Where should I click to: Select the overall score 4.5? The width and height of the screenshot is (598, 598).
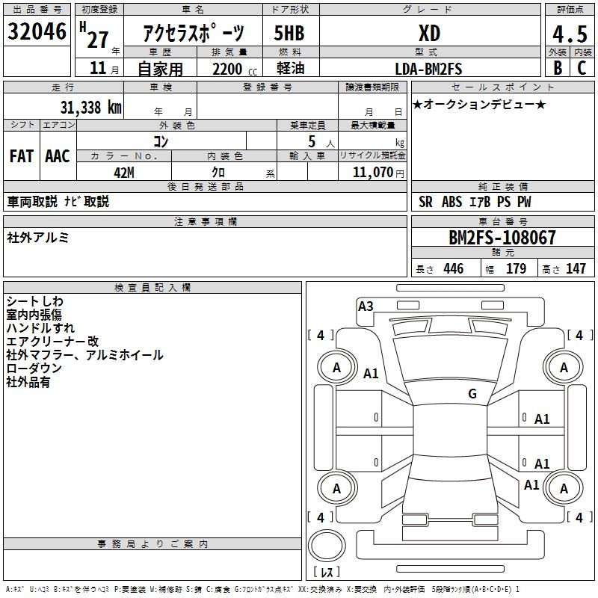tap(569, 34)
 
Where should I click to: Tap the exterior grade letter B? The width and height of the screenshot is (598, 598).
tap(557, 67)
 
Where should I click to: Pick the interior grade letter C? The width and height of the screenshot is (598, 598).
tap(582, 67)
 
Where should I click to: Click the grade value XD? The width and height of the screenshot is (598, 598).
tap(429, 34)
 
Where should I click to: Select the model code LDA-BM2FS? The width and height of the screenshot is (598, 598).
tap(429, 69)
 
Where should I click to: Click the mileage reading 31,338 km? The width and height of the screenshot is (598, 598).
tap(90, 108)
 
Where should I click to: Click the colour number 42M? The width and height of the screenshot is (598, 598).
tap(124, 172)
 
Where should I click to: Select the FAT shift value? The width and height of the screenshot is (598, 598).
tap(22, 156)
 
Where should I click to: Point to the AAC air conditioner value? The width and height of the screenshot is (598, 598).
tap(58, 156)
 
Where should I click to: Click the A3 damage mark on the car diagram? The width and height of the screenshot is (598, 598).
tap(366, 306)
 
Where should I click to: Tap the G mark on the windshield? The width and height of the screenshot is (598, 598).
tap(472, 394)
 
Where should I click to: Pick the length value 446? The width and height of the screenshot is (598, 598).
tap(453, 269)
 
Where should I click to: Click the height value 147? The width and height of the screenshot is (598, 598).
tap(576, 269)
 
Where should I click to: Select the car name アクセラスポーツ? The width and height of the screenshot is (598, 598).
tap(194, 34)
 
